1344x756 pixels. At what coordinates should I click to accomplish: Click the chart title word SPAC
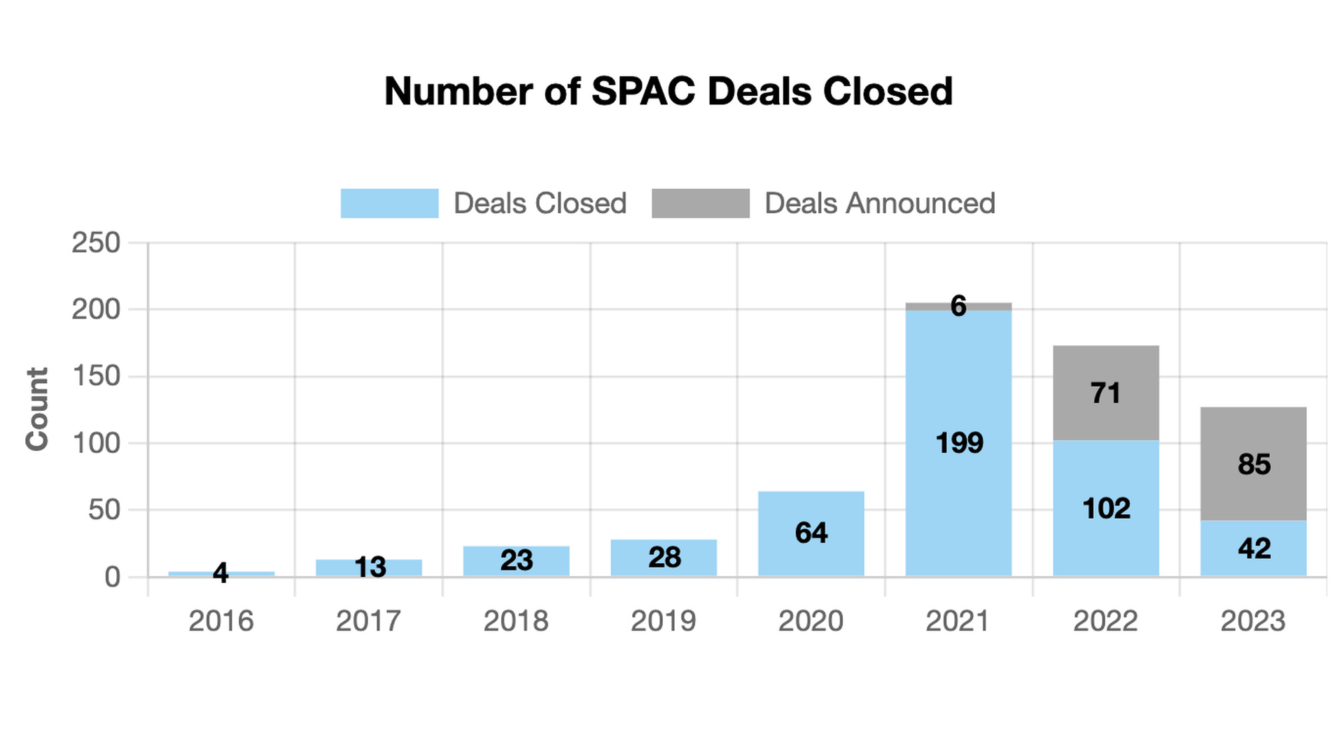[643, 92]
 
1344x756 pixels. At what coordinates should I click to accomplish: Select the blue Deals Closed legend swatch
[389, 204]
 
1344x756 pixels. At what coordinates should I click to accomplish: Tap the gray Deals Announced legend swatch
[700, 204]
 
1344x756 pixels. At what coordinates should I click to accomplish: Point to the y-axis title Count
[37, 409]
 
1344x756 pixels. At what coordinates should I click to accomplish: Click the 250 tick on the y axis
[96, 244]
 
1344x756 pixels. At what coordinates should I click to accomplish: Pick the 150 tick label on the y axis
[96, 377]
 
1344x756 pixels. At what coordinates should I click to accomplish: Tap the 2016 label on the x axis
[220, 621]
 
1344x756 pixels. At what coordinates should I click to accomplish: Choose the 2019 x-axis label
[663, 621]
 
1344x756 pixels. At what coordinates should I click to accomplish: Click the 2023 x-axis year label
[1253, 621]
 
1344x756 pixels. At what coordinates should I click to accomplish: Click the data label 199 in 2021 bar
[959, 443]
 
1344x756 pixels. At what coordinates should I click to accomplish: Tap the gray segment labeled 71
[1106, 393]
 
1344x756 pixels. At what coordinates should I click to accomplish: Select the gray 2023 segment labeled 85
[1253, 463]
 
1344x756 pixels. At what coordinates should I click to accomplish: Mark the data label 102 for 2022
[1106, 509]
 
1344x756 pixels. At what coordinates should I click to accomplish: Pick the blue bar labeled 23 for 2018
[516, 561]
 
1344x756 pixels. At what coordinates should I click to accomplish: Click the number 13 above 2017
[370, 568]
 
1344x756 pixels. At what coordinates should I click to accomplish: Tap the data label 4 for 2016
[220, 573]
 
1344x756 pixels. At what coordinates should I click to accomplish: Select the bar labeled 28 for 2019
[663, 558]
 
